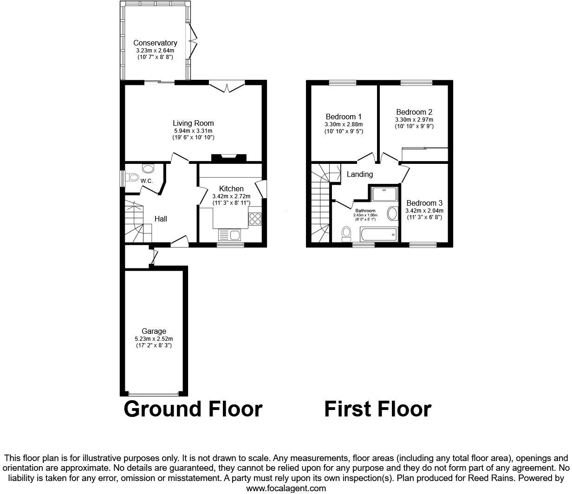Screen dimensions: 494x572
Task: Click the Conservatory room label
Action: (x=155, y=43)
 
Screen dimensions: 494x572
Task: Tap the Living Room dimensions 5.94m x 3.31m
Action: (x=193, y=131)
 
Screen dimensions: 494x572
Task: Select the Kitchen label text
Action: (x=231, y=188)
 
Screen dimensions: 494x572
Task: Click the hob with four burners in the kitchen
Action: (x=255, y=219)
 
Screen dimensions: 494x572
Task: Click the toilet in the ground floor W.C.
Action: (x=133, y=177)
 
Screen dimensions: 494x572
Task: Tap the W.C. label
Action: (x=147, y=181)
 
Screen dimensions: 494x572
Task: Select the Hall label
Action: (x=161, y=219)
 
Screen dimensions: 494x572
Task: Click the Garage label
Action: (x=154, y=331)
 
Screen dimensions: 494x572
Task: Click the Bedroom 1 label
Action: (x=344, y=117)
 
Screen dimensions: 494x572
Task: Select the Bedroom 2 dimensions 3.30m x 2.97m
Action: (x=414, y=119)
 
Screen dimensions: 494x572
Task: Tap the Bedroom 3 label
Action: (x=424, y=203)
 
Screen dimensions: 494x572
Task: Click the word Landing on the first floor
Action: (x=360, y=174)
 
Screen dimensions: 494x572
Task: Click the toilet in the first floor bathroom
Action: (x=346, y=234)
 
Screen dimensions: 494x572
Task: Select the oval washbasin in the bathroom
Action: (x=392, y=214)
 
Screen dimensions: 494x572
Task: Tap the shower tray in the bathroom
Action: (x=384, y=194)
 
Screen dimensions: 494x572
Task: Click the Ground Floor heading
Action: (x=193, y=409)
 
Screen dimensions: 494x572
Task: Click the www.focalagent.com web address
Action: (x=286, y=488)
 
